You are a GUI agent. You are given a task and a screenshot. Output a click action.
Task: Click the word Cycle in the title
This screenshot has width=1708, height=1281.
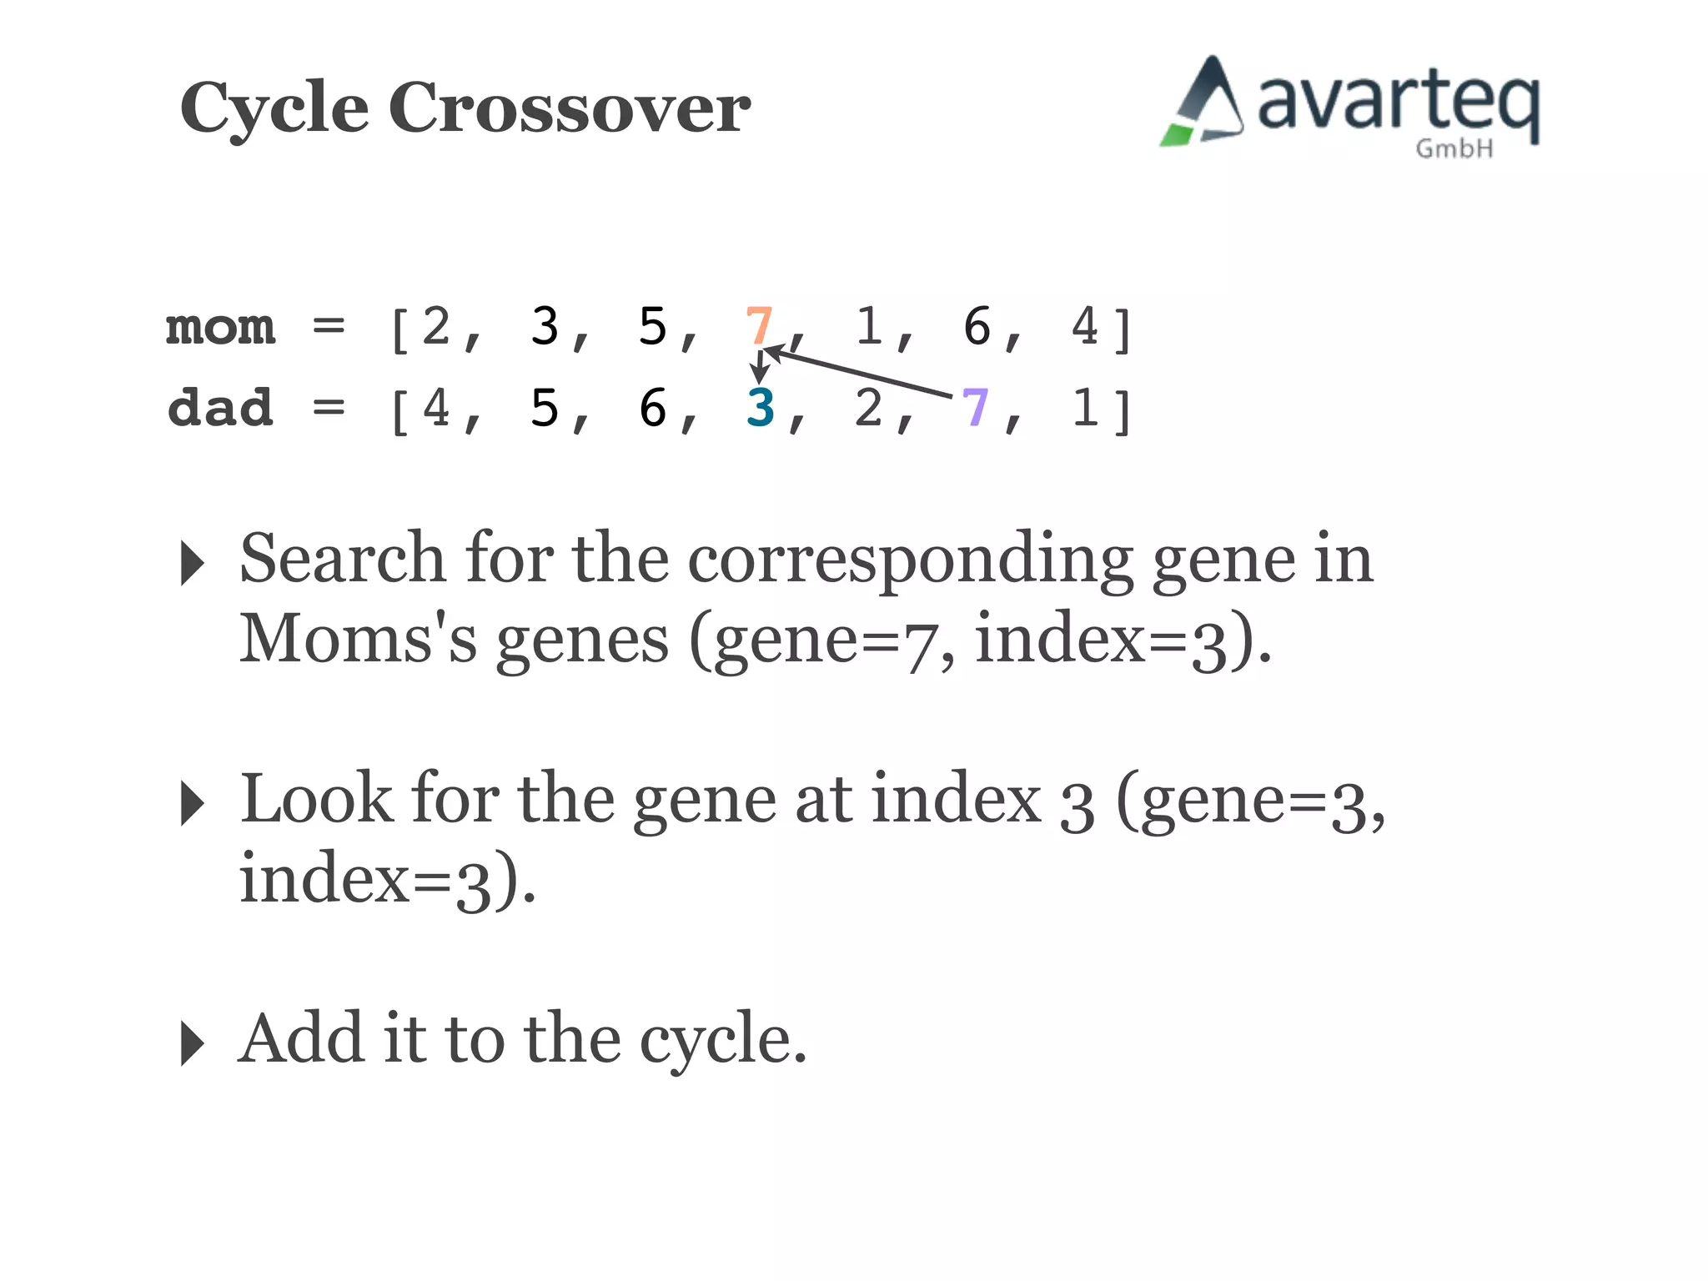click(274, 108)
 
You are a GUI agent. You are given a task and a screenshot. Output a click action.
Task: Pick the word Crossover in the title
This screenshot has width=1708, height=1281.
click(570, 108)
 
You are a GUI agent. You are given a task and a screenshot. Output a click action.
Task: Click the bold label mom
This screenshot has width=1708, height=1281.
click(220, 327)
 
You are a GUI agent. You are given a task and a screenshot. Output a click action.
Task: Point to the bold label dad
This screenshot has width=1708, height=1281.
click(220, 408)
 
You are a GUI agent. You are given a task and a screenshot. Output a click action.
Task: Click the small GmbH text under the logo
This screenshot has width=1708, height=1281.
click(1454, 149)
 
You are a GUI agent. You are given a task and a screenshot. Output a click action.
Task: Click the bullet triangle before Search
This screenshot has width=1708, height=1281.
click(192, 563)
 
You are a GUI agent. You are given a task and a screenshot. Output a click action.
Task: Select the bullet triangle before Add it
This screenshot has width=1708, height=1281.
click(192, 1043)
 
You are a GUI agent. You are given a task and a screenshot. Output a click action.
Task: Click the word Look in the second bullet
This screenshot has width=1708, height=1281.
click(316, 799)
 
